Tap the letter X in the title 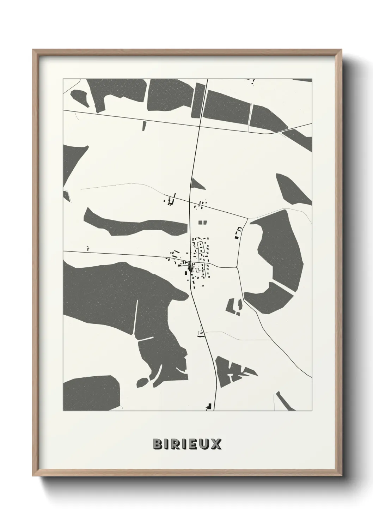coord(217,444)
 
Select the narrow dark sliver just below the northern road coord(144,126)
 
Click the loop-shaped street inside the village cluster coord(201,247)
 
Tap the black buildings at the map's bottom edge coord(209,406)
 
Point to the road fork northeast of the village coord(247,218)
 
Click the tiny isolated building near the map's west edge coord(88,248)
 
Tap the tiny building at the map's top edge coord(252,82)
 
